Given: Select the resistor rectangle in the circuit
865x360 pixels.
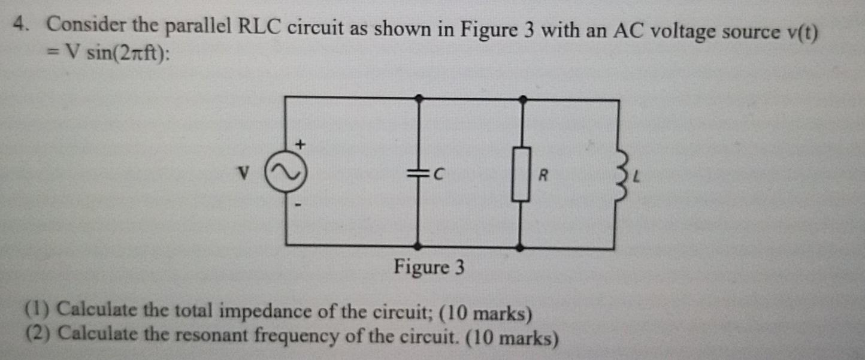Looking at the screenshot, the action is point(521,174).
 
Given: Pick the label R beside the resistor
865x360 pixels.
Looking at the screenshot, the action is point(543,176).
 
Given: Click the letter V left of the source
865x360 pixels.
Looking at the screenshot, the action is point(243,174).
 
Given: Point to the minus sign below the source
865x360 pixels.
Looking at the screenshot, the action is point(298,205).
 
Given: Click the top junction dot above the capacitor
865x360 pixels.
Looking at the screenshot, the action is point(419,97).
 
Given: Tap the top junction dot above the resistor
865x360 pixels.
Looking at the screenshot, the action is point(522,98).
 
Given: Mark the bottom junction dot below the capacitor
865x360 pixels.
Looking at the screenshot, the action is point(418,246).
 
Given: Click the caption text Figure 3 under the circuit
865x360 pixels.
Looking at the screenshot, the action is point(429,267).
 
